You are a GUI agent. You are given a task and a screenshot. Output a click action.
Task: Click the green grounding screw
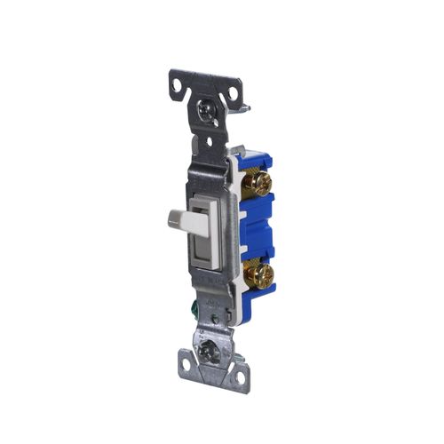[x=216, y=312]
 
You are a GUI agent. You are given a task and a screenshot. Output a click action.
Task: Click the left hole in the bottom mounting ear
[x=189, y=361]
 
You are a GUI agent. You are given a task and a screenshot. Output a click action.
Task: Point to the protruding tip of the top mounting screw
[x=244, y=110]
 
